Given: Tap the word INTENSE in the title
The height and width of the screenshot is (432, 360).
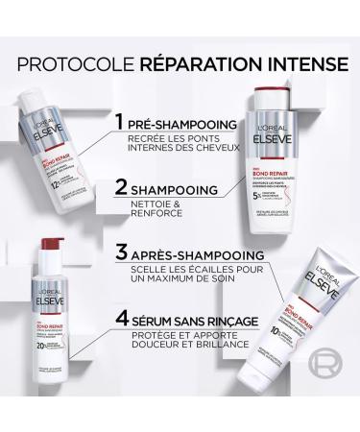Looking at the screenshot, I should coord(298,65).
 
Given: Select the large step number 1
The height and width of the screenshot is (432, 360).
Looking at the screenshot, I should coord(119,124).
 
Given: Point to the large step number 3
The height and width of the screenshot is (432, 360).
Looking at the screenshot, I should coord(121,253).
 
